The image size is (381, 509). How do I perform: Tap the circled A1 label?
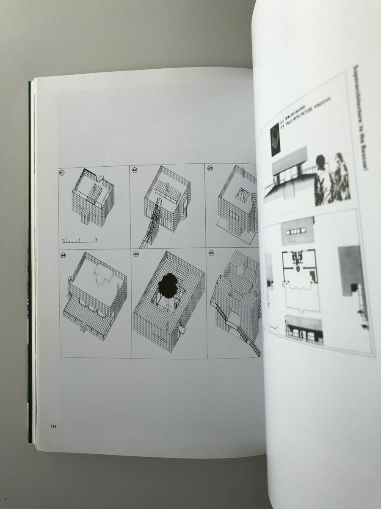[x=62, y=172]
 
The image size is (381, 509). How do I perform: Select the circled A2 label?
[x=135, y=170]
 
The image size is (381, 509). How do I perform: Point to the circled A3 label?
[x=210, y=169]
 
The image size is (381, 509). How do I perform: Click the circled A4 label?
[x=63, y=255]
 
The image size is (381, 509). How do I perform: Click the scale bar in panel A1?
[x=80, y=241]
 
